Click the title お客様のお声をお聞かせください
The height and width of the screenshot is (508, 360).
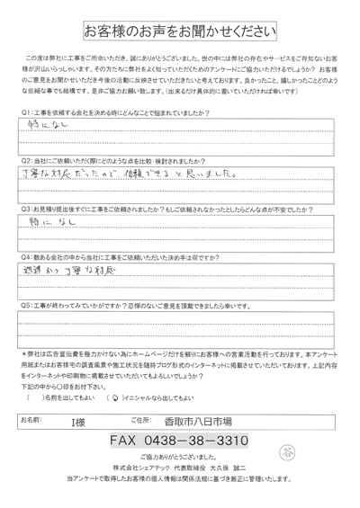pos(180,32)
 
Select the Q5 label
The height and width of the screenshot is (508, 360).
pos(26,306)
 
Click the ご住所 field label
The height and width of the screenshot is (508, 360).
pos(140,418)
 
